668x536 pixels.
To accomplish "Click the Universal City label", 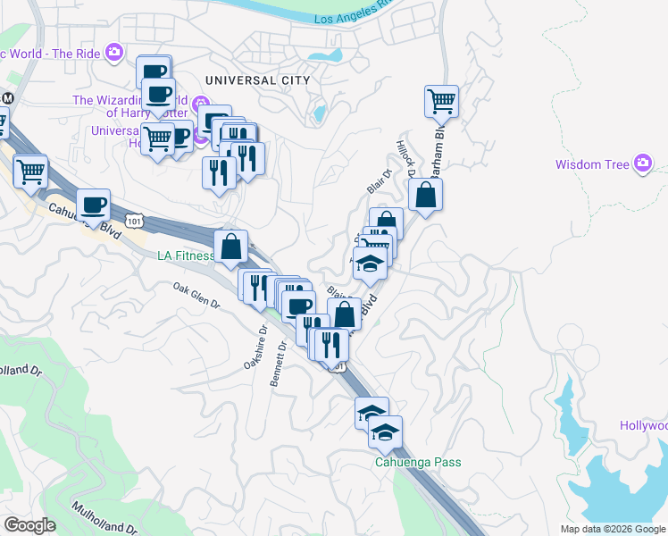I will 257,80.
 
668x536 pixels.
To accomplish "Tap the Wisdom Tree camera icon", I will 643,163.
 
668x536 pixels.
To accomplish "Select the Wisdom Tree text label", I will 592,164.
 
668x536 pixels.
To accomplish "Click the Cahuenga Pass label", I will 412,464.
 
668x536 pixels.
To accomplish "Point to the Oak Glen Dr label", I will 196,296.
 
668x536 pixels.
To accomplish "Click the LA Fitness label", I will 186,256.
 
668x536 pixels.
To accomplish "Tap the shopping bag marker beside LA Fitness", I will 231,247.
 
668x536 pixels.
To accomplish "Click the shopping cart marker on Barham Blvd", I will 441,100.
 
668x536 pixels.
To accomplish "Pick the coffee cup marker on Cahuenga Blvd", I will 93,205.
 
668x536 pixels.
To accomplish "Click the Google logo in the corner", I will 29,525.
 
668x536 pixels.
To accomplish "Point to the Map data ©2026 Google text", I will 613,529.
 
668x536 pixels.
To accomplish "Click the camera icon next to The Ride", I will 114,52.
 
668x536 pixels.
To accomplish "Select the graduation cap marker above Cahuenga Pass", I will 386,432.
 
